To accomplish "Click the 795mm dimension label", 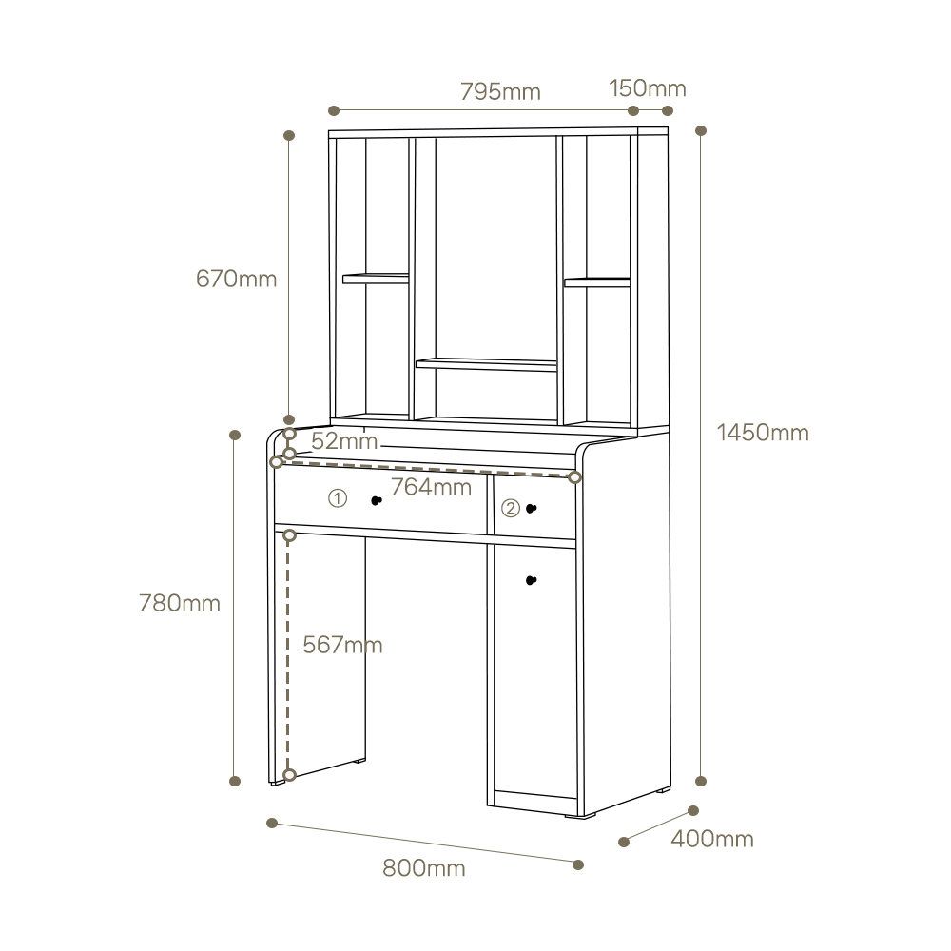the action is pos(500,91).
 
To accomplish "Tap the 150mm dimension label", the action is pos(648,88).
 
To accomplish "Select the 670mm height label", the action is pos(236,279).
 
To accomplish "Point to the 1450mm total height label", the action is pos(763,433).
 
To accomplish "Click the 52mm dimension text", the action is pos(344,441).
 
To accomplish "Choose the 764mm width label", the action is pos(431,487).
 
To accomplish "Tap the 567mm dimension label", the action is pos(342,645).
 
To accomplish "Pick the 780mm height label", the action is pos(180,604).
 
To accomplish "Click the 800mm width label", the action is pos(424,868).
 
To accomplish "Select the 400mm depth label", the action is pos(712,840).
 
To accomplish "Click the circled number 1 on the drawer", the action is pos(338,498).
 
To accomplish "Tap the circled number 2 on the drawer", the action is pos(511,508).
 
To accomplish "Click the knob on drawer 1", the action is pos(377,500).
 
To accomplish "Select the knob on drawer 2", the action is pos(532,508).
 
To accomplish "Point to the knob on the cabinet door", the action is pos(532,580).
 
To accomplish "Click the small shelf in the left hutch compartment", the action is pos(376,279).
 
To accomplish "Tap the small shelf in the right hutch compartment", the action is pos(597,282).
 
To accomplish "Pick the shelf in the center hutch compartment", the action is pos(486,364).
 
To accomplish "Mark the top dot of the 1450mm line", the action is pos(701,130).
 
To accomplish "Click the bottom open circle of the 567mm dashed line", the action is pos(289,775).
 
